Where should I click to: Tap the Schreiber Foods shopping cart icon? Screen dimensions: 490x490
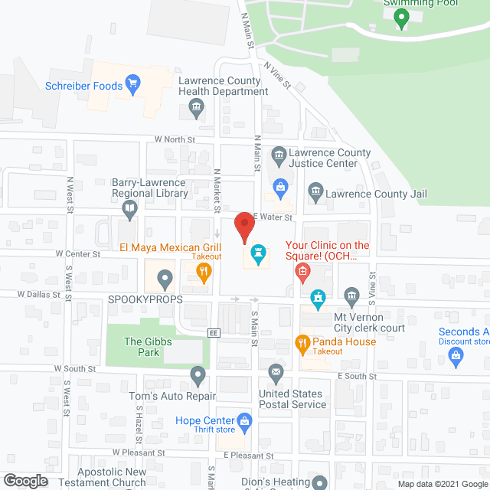133,86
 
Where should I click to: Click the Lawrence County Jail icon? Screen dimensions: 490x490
315,191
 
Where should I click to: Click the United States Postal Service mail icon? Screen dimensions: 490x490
276,373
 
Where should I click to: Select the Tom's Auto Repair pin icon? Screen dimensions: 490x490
198,376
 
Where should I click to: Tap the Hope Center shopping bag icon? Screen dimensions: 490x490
244,420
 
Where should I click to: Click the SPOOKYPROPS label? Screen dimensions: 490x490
145,299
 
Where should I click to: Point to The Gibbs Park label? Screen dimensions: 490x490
142,347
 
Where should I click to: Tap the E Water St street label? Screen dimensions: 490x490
273,218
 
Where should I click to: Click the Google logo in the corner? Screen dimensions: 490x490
24,481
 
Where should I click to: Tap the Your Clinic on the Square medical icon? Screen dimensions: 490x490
303,270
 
